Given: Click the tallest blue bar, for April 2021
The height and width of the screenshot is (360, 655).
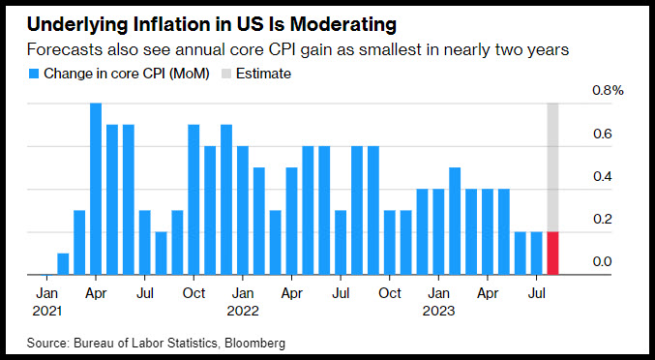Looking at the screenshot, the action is click(x=96, y=189).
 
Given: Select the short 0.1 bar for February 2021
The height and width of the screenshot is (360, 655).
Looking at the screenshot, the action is click(x=63, y=264).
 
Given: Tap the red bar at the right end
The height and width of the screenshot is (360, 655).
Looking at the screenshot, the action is click(x=552, y=254).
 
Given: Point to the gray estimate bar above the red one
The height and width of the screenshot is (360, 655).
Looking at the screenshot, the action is click(x=552, y=167).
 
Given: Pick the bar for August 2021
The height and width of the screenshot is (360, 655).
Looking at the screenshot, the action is click(x=161, y=254).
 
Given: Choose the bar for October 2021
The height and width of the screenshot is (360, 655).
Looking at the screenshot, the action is click(x=194, y=199).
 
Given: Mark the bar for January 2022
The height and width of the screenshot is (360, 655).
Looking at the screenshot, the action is click(x=243, y=211).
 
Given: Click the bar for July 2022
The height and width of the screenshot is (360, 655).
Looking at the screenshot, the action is click(x=341, y=242).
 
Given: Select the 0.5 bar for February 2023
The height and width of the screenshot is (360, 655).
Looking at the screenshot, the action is click(x=455, y=221).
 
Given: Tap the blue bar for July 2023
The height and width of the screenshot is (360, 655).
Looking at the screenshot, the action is click(x=536, y=254).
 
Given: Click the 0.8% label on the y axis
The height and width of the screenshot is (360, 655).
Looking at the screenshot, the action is click(x=608, y=90).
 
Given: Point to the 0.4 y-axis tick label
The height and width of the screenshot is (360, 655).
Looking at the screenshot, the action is click(x=603, y=176).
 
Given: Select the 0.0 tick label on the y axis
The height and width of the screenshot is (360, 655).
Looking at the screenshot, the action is click(x=603, y=262).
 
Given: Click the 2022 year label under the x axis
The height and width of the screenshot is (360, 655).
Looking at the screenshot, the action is click(x=243, y=312).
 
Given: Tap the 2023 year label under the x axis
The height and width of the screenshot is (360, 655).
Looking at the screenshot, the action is click(x=438, y=312).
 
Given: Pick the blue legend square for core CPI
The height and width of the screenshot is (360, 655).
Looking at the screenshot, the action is click(x=34, y=74).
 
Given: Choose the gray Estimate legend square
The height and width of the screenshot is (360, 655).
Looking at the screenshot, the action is click(x=226, y=74).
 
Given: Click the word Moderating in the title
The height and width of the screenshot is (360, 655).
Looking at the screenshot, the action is click(x=343, y=25).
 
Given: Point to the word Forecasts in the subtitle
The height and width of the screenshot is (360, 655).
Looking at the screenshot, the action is click(x=65, y=49).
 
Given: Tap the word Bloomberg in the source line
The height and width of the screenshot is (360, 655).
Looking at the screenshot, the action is click(x=254, y=344).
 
